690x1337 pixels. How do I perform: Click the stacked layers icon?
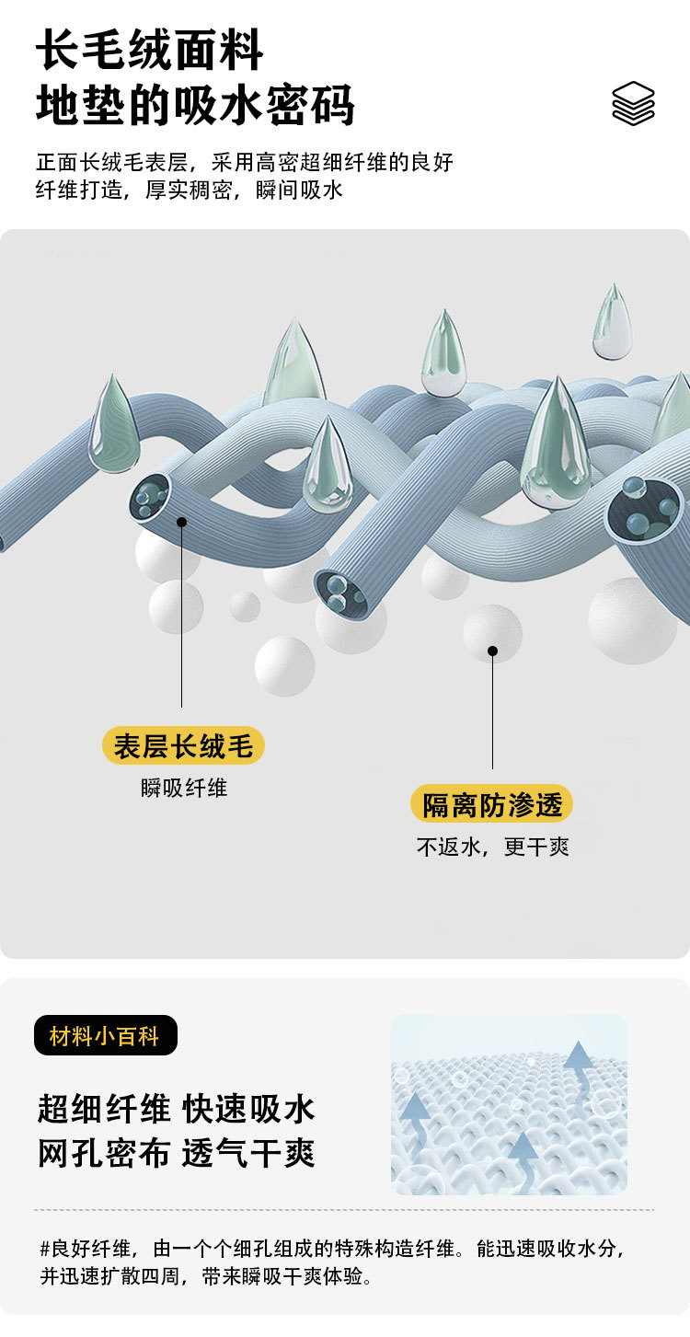point(633,103)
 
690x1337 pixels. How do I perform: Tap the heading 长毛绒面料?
point(150,51)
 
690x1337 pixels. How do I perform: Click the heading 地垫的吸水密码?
point(195,105)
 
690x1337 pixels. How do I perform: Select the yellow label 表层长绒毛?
point(183,745)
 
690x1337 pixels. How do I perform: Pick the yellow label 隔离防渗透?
point(491,804)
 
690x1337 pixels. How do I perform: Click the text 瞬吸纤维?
point(184,788)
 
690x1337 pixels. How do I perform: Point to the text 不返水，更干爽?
point(492,847)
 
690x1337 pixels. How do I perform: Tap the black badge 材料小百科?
point(105,1036)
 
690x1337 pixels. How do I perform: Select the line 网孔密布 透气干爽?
point(176,1153)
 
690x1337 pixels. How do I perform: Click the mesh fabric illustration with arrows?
point(509,1104)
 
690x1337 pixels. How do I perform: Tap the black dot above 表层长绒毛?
point(182,522)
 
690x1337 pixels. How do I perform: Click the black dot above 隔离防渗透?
point(492,651)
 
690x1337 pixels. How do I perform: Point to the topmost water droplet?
point(613,324)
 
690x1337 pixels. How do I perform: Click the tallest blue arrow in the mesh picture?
point(579,1067)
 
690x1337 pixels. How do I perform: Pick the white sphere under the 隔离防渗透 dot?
point(492,634)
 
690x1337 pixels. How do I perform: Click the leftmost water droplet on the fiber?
point(113,425)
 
